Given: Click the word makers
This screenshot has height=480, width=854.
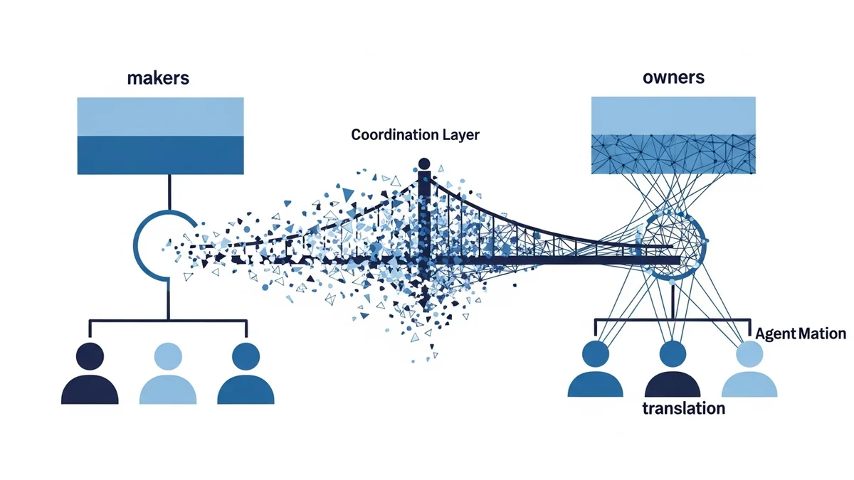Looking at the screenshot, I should click(157, 78).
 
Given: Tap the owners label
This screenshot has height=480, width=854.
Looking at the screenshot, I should click(673, 77).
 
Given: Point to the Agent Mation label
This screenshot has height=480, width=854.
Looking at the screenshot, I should click(801, 334).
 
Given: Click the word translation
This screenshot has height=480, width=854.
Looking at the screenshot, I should click(683, 408).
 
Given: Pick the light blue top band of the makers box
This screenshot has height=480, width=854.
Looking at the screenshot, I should click(161, 115).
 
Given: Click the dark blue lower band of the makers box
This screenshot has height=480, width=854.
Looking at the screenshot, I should click(161, 154).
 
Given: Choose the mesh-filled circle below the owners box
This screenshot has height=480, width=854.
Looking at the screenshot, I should click(674, 246).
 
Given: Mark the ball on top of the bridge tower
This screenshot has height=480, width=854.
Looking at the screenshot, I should click(425, 164).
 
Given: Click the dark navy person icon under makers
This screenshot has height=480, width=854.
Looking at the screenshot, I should click(90, 373).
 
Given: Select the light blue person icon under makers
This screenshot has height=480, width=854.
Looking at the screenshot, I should click(168, 373).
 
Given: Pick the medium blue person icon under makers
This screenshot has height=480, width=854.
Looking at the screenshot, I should click(246, 373).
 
